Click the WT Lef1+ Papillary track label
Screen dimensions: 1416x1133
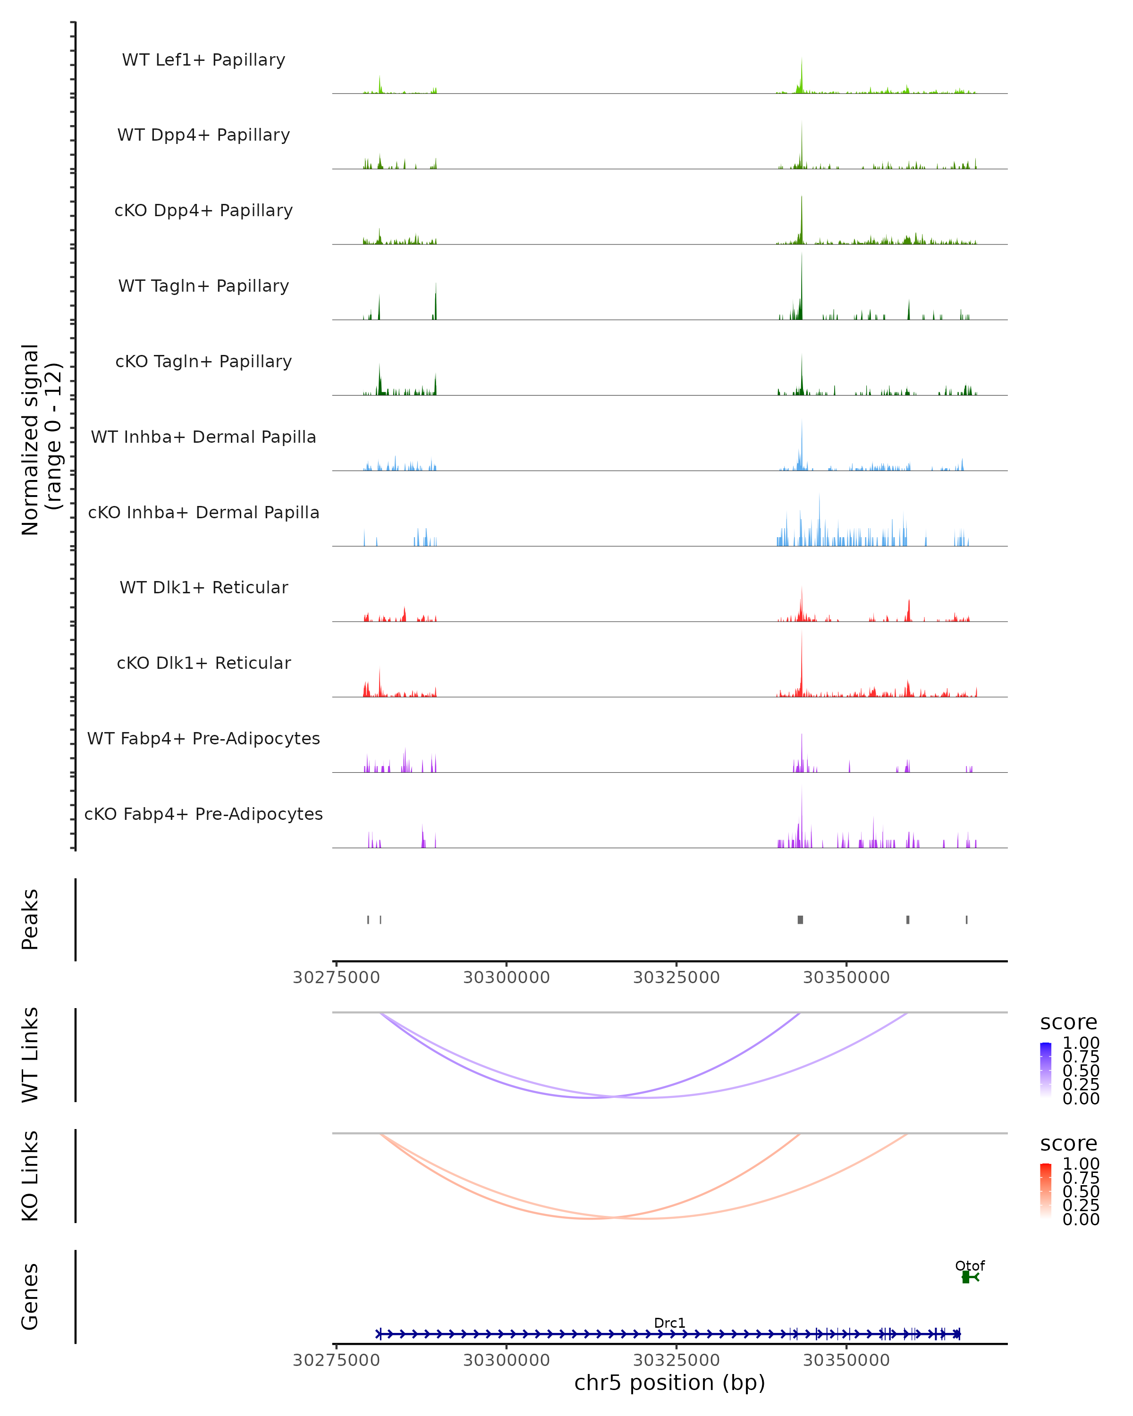pyautogui.click(x=203, y=60)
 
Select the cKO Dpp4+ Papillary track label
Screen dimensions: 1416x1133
pyautogui.click(x=203, y=211)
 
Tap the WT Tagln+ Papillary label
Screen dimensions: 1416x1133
pyautogui.click(x=203, y=287)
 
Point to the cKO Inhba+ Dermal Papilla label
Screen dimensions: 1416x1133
pyautogui.click(x=203, y=513)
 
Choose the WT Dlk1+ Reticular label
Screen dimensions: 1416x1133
pyautogui.click(x=203, y=588)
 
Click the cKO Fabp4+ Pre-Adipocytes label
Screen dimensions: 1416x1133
pyautogui.click(x=203, y=814)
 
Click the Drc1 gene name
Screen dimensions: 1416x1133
pyautogui.click(x=669, y=1323)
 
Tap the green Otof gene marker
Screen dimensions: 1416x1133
pyautogui.click(x=967, y=1277)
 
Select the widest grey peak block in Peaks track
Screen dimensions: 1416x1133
pyautogui.click(x=800, y=919)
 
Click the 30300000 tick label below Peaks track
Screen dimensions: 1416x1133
pyautogui.click(x=507, y=978)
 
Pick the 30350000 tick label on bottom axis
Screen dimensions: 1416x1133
pyautogui.click(x=846, y=1360)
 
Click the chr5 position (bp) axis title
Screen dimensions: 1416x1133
pyautogui.click(x=669, y=1383)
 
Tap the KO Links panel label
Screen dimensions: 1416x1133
pyautogui.click(x=30, y=1176)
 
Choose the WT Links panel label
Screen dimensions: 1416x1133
pyautogui.click(x=30, y=1055)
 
